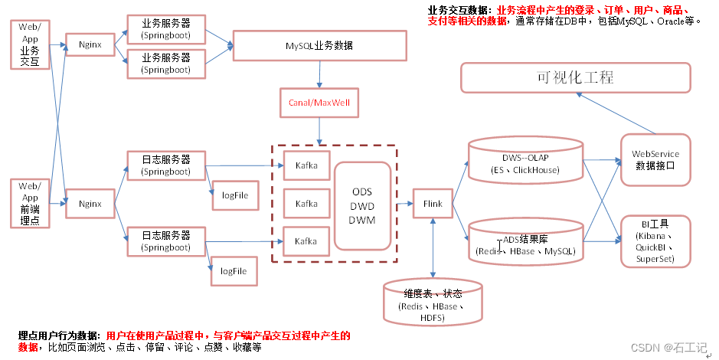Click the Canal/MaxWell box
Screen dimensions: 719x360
[x=319, y=103]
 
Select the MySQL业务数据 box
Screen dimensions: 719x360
[x=319, y=45]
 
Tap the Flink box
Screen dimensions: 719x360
[x=433, y=204]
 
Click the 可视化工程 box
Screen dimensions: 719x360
[x=576, y=77]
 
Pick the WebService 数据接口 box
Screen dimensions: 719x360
[x=655, y=159]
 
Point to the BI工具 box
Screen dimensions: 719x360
[x=655, y=241]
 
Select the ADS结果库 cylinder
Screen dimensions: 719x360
[x=525, y=242]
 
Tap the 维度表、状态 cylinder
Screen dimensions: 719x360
[x=433, y=302]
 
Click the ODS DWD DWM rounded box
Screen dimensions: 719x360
[x=362, y=205]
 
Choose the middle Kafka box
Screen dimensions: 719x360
[x=306, y=204]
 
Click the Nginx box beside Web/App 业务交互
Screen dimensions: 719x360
[x=90, y=44]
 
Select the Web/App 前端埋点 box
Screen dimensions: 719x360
[x=30, y=203]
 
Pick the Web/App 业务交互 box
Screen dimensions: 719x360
[x=30, y=44]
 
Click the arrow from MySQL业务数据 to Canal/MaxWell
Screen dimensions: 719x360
[x=319, y=74]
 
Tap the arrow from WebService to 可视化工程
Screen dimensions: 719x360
[x=616, y=113]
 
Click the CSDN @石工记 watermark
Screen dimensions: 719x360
[x=669, y=348]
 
